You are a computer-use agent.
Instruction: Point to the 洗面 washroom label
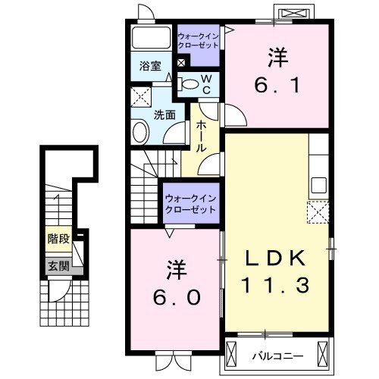pos(164,115)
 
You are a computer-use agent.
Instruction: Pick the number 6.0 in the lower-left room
pos(175,296)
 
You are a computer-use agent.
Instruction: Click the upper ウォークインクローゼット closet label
pos(199,39)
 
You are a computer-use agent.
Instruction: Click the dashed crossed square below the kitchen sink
pos(317,211)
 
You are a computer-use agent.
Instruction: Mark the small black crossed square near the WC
pos(181,64)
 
